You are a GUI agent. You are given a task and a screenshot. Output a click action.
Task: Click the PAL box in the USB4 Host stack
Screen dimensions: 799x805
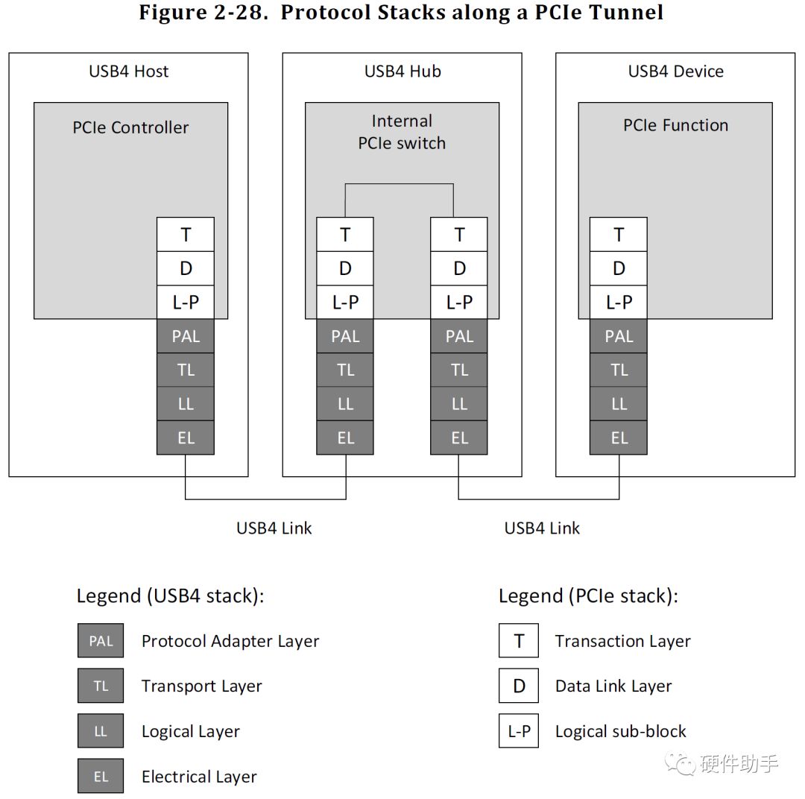click(x=186, y=336)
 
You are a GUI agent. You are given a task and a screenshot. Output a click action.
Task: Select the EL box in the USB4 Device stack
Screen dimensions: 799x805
click(x=619, y=438)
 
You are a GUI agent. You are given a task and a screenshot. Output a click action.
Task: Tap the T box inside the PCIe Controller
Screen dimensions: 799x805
click(x=186, y=235)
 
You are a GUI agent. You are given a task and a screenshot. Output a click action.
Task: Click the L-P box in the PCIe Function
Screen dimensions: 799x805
click(x=619, y=302)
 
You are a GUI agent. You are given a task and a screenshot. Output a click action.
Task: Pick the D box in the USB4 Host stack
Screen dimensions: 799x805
click(x=186, y=268)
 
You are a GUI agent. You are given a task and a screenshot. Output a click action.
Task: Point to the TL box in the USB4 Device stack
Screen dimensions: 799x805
click(x=619, y=370)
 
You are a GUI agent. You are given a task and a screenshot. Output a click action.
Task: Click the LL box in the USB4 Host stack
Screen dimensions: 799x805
click(x=186, y=404)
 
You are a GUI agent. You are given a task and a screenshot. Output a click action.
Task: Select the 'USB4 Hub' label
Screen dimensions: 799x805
click(x=402, y=72)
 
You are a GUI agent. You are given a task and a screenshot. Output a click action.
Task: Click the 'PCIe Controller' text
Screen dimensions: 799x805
click(x=130, y=127)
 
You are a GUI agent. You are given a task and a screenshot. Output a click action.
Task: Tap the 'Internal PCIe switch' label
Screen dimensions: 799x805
click(x=402, y=132)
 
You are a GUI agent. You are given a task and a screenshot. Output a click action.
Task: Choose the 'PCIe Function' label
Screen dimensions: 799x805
click(x=675, y=125)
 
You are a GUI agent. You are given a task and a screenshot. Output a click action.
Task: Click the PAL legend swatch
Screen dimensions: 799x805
click(x=101, y=641)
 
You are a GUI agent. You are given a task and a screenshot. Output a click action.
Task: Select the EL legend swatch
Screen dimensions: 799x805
click(x=101, y=777)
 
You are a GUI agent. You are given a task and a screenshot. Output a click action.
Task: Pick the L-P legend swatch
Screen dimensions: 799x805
click(x=519, y=731)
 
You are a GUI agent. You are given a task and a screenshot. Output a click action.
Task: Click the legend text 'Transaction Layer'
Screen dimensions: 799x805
click(x=622, y=641)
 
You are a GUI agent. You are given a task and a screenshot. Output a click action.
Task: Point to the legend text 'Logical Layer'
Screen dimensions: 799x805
click(x=191, y=731)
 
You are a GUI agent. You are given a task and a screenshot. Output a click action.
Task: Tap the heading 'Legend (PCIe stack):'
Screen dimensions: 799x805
click(x=588, y=596)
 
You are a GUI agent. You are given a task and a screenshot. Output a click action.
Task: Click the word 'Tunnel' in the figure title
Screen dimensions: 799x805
click(x=625, y=13)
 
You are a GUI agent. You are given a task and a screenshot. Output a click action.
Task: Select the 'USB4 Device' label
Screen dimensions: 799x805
click(x=675, y=72)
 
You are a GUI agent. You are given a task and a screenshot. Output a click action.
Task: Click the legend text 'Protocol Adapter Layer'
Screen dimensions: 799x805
click(x=230, y=641)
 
